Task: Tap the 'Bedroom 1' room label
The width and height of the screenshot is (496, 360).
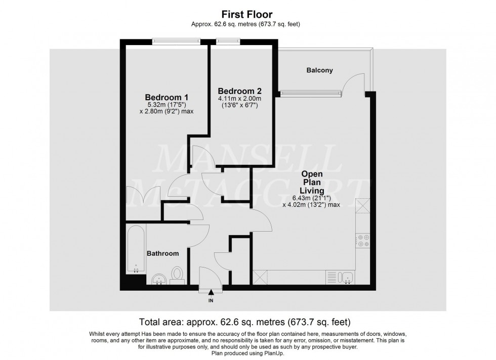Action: [x=167, y=97]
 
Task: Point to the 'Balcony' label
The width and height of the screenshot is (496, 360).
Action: [x=319, y=70]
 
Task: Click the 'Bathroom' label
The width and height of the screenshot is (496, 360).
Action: [x=162, y=253]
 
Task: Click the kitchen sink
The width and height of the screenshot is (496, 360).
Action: [x=347, y=277]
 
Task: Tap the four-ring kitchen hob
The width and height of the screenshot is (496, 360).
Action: [x=362, y=241]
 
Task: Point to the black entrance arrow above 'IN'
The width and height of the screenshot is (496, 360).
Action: [x=211, y=291]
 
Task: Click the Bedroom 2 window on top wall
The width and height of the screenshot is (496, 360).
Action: [x=223, y=42]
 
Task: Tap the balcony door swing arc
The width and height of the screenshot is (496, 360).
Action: [x=353, y=82]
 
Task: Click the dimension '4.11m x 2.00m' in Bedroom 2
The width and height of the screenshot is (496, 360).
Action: [x=239, y=99]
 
